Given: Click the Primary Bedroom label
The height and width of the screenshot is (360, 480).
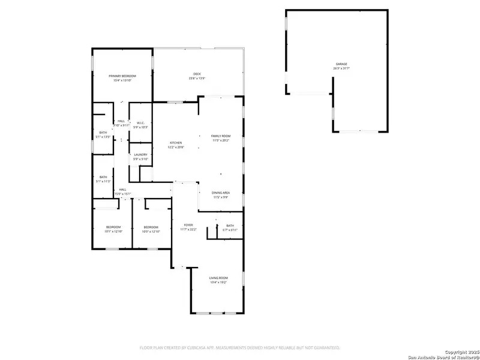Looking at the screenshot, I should (122, 76).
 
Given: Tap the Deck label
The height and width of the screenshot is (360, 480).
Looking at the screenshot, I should (197, 74).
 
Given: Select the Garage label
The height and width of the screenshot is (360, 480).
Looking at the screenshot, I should (341, 64).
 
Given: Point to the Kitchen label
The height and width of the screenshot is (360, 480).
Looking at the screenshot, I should (176, 142).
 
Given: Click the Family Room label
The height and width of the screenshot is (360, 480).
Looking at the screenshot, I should (221, 136).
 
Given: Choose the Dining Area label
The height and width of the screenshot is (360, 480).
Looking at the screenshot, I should (221, 193).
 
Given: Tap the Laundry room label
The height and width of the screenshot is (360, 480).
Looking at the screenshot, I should (140, 154).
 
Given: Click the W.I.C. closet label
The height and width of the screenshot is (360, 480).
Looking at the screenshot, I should (140, 122).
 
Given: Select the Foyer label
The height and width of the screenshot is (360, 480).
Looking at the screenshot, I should (188, 225).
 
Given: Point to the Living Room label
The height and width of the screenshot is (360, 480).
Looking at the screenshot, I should (218, 278).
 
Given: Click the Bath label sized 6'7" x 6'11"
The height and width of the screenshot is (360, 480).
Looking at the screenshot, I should (230, 226).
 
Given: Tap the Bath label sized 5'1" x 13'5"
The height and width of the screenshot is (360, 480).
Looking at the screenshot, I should (103, 133).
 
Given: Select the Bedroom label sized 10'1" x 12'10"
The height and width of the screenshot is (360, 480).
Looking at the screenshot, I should (113, 227).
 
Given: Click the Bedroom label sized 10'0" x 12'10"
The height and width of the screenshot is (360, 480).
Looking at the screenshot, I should (151, 227).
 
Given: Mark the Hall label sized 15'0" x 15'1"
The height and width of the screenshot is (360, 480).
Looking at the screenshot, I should (122, 189).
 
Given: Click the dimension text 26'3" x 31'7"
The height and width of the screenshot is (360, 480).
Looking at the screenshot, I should (341, 68).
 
